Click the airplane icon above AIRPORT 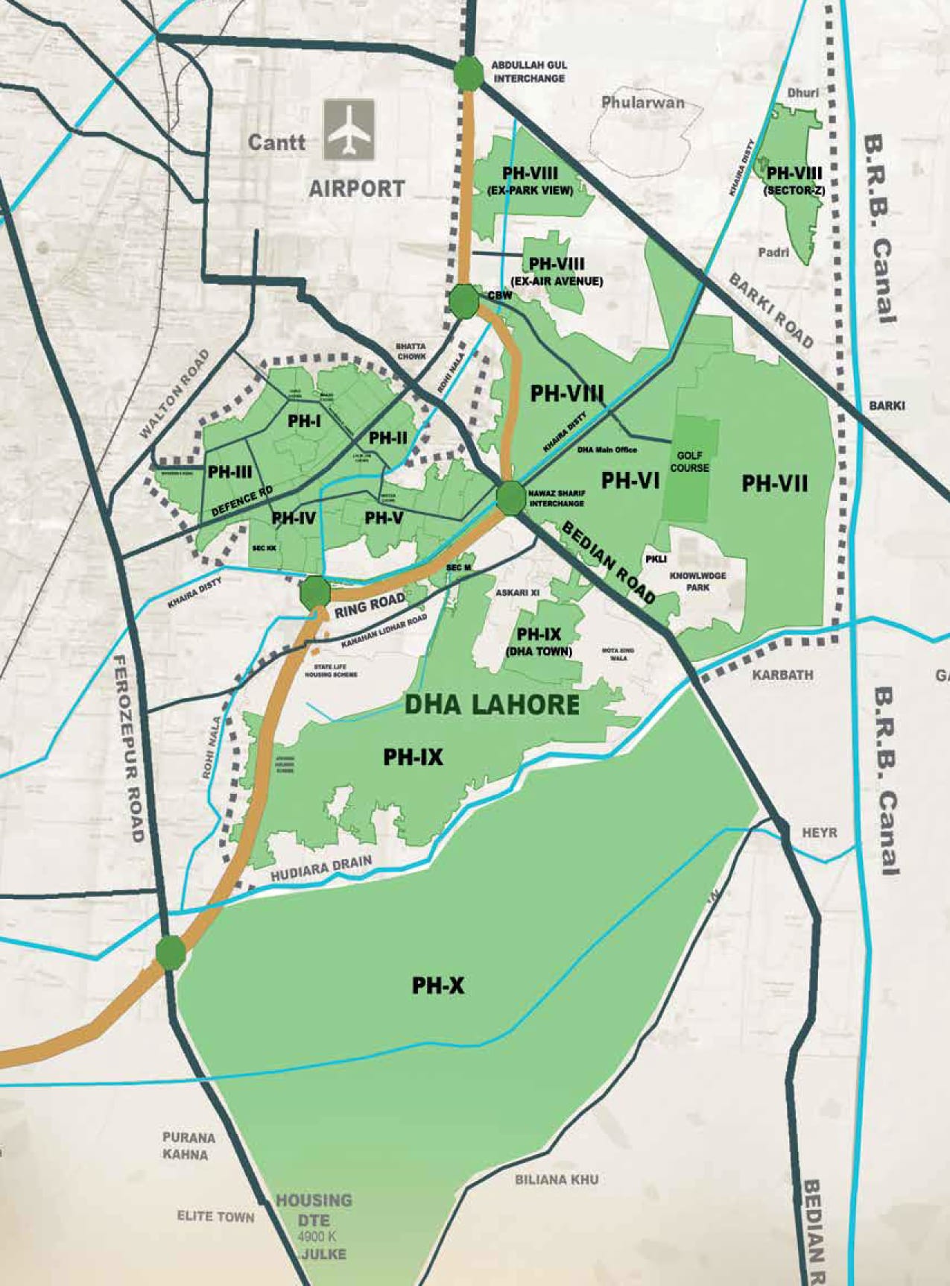coord(349,131)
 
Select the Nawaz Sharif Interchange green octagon coord(512,499)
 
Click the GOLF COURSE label coord(689,461)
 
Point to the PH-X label coord(438,986)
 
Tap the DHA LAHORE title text coord(492,705)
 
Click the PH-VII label coord(775,483)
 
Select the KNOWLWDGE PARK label coord(697,581)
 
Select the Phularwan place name coord(642,102)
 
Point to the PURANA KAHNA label coord(189,1146)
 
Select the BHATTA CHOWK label coord(411,351)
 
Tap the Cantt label coord(276,142)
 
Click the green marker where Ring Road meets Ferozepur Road coord(171,953)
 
